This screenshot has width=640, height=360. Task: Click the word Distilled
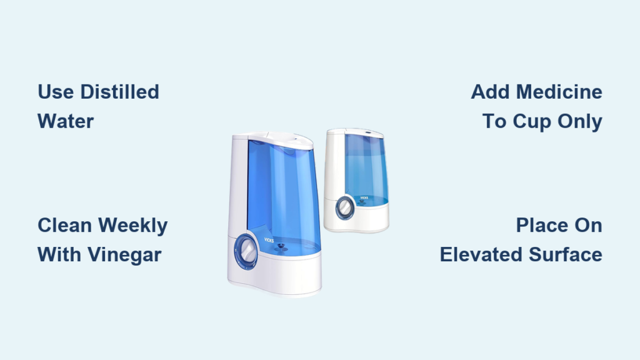(x=119, y=92)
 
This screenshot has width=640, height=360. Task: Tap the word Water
(x=66, y=121)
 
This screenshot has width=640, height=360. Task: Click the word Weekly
(x=133, y=226)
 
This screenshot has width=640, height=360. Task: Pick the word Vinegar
(x=125, y=255)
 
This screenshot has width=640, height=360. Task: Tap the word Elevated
(x=482, y=255)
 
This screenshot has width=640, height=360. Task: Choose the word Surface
(x=566, y=255)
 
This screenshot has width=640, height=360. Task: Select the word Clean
(x=64, y=225)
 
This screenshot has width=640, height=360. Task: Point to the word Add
(x=491, y=92)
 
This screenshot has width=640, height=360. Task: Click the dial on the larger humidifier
(x=246, y=251)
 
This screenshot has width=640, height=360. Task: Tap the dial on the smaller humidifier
(x=345, y=207)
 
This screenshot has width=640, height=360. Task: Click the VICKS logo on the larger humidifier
(x=269, y=240)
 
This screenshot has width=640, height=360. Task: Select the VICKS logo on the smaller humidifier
(x=364, y=198)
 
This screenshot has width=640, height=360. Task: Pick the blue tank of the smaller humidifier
(x=366, y=169)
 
